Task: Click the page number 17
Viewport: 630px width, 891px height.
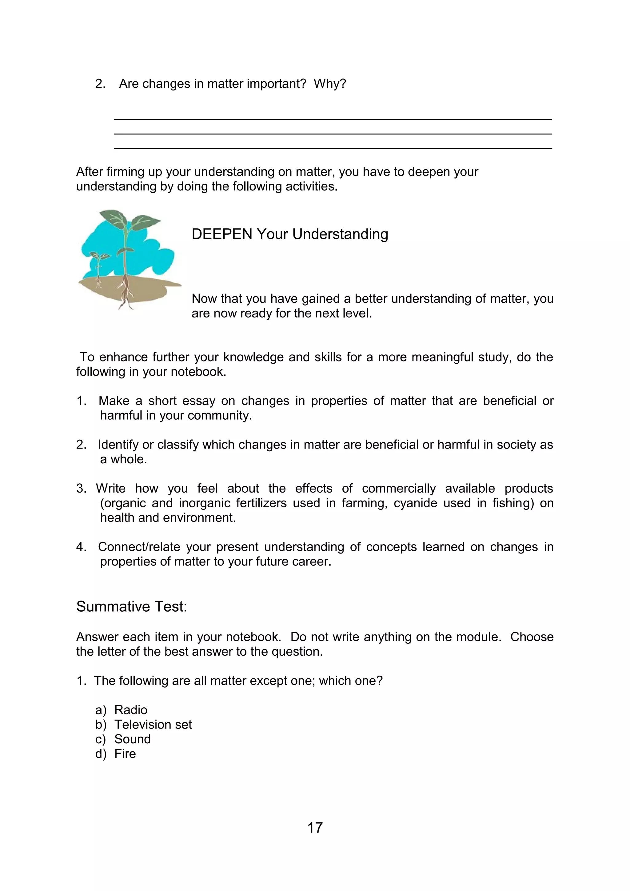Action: (x=315, y=828)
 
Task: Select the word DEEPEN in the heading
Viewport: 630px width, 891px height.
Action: (x=222, y=234)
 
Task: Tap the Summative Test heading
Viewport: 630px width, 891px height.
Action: (x=132, y=606)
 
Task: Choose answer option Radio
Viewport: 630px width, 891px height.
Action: (x=131, y=710)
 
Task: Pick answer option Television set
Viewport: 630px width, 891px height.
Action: (x=153, y=725)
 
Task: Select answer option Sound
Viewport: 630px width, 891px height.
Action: (x=132, y=739)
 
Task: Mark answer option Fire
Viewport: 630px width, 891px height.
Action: (x=125, y=753)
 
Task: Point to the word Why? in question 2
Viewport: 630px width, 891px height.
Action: (x=330, y=84)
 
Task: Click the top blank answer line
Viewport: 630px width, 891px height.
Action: (x=333, y=119)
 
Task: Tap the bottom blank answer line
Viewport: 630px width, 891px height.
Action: (x=333, y=148)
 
